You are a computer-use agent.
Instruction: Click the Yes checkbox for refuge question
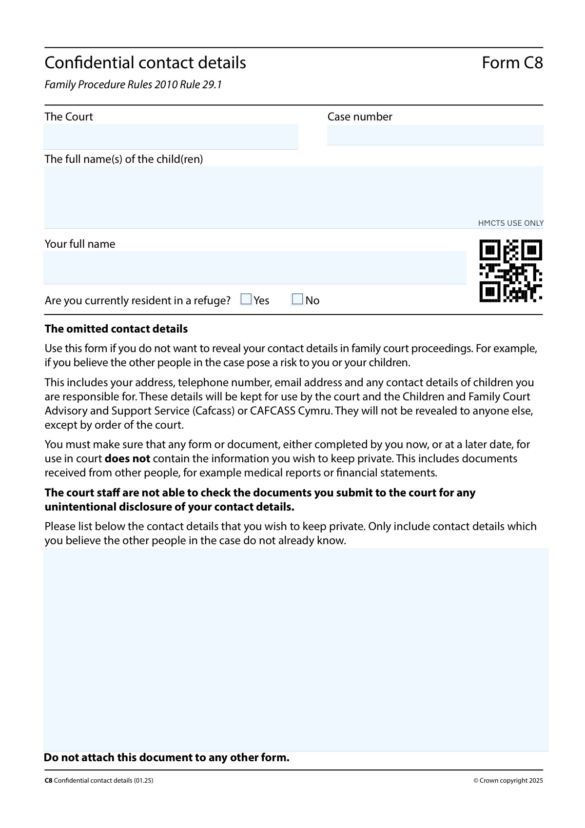tap(246, 299)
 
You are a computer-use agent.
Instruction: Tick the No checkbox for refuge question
tap(297, 299)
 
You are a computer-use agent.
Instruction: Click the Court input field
tap(171, 137)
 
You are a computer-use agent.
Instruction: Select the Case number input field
tap(435, 135)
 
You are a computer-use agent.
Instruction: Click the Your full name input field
tap(254, 267)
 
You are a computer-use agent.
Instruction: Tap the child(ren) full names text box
tap(293, 197)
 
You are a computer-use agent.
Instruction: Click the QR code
tap(510, 271)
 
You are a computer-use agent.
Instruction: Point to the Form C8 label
tap(512, 63)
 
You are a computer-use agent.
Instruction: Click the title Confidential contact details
tap(145, 63)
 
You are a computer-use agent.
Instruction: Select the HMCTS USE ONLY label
tap(510, 223)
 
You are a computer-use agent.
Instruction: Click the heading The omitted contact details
tap(116, 329)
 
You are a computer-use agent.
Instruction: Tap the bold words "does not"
tap(127, 459)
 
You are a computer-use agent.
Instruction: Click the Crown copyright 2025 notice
tap(508, 781)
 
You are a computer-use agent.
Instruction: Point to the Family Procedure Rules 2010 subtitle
tap(133, 85)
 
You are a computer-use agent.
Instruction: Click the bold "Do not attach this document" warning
tap(167, 758)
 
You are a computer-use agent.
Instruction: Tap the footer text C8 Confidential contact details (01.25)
tap(99, 781)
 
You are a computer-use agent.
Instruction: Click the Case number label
tap(360, 117)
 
